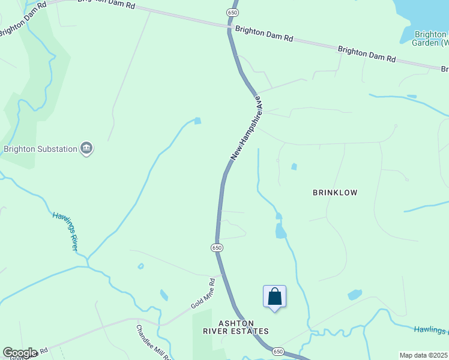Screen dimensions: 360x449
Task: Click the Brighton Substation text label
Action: [x=40, y=149]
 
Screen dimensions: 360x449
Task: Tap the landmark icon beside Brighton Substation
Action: [x=86, y=148]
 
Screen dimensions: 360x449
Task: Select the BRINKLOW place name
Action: [x=335, y=193]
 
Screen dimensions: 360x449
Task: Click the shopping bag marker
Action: [x=274, y=296]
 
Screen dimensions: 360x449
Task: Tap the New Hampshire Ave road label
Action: [x=245, y=128]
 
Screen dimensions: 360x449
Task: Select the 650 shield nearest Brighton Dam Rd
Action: [x=233, y=12]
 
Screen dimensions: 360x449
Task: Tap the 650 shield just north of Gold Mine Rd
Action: [x=217, y=247]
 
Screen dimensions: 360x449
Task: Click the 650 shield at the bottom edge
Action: [x=277, y=350]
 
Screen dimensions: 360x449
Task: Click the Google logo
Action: [x=19, y=353]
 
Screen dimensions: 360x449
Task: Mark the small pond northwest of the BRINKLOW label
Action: [x=294, y=166]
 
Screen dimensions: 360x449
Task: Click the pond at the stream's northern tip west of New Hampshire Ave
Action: [x=197, y=121]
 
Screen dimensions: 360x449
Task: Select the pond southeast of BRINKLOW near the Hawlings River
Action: [x=355, y=295]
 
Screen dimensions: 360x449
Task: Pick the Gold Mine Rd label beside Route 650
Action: [x=203, y=293]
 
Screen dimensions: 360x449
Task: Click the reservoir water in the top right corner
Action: [x=426, y=12]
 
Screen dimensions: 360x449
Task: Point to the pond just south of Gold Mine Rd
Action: [x=164, y=295]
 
